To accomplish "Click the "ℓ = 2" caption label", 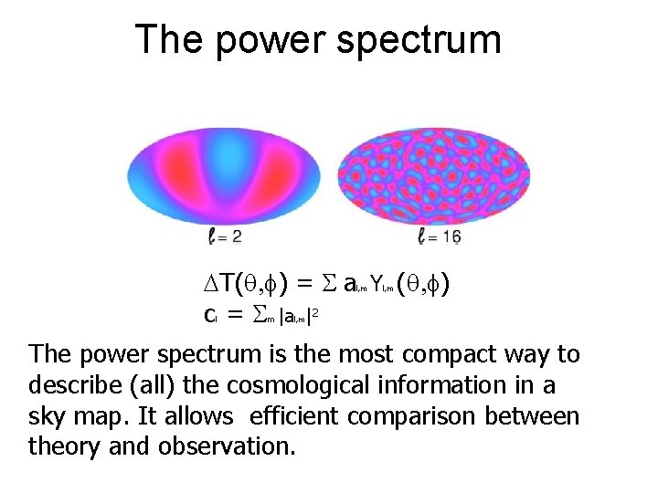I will pyautogui.click(x=224, y=237).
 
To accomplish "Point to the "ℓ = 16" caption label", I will pyautogui.click(x=439, y=237).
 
